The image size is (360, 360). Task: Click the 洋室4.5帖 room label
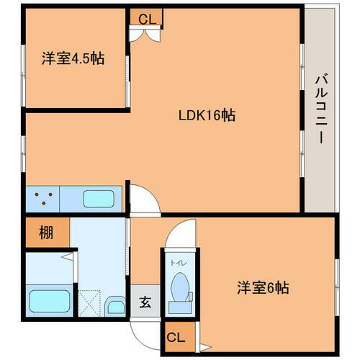73,59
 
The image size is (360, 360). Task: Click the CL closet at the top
146,18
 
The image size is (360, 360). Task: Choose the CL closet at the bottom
175,336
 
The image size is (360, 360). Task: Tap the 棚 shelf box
45,233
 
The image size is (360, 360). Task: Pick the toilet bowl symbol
179,287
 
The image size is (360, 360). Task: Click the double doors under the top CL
138,34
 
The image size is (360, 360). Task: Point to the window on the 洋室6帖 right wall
336,281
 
